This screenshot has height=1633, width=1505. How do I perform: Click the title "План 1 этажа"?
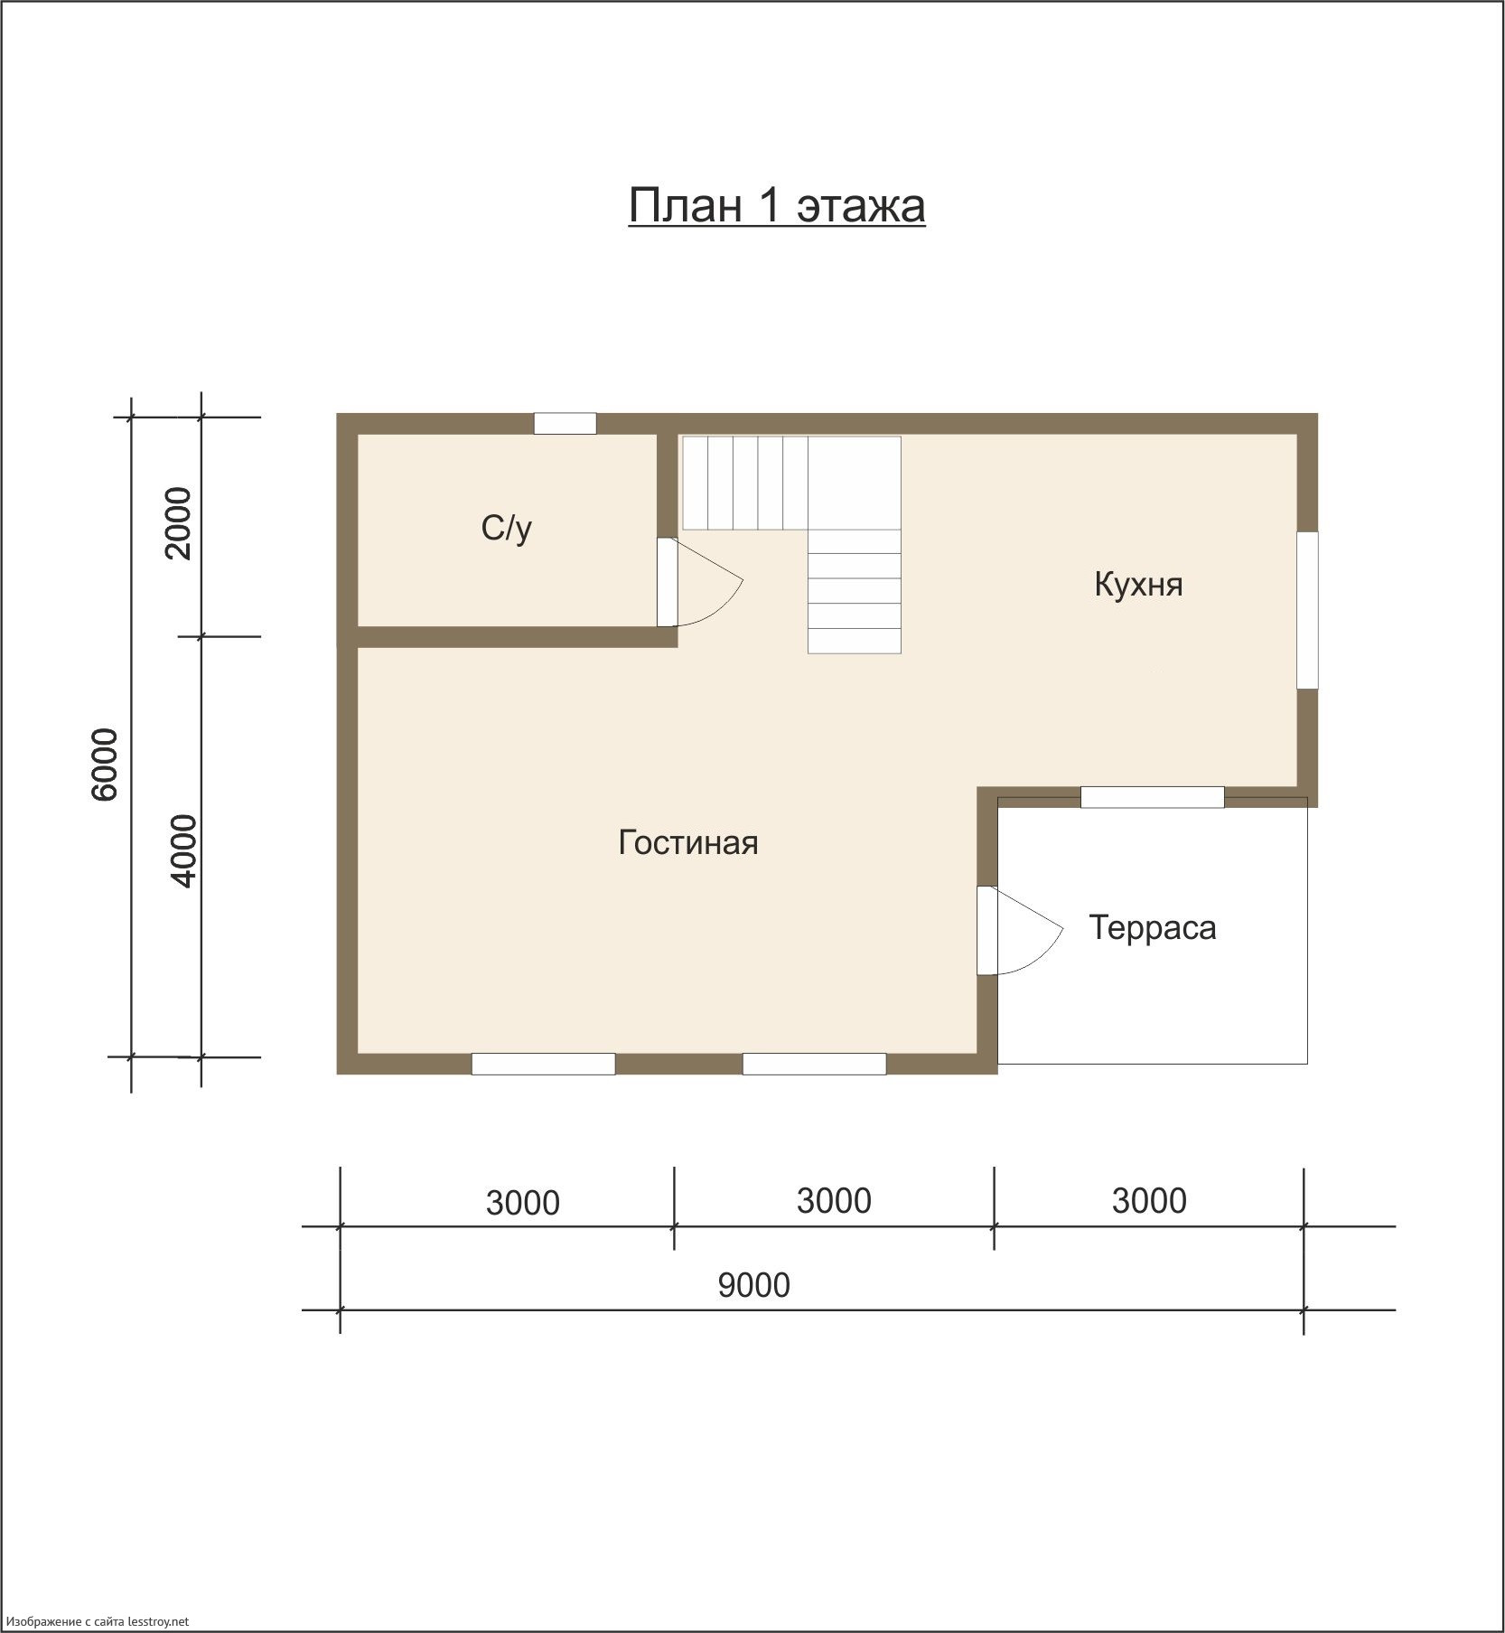[x=777, y=206]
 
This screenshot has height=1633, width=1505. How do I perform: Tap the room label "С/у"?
[x=507, y=528]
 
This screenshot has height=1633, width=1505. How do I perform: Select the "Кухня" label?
[x=1138, y=584]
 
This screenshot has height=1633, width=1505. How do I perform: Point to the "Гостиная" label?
[x=688, y=842]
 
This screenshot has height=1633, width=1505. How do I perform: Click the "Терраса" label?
[x=1153, y=928]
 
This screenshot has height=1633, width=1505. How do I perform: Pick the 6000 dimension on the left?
[x=105, y=764]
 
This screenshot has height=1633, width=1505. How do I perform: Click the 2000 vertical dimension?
[x=179, y=523]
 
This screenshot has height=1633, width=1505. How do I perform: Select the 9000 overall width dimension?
[x=754, y=1285]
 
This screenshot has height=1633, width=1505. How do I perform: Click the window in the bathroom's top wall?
[x=565, y=423]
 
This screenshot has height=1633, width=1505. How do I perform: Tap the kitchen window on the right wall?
[x=1307, y=610]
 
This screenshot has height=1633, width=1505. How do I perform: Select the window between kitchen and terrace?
[x=1153, y=797]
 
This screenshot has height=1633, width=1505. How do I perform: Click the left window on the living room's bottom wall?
[x=544, y=1064]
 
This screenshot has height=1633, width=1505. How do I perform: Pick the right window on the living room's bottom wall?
[x=814, y=1064]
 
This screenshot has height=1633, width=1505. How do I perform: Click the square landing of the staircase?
[x=854, y=483]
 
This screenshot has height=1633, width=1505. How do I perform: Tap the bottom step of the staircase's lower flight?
[x=854, y=641]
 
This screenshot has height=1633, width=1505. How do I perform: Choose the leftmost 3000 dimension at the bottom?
[x=523, y=1203]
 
